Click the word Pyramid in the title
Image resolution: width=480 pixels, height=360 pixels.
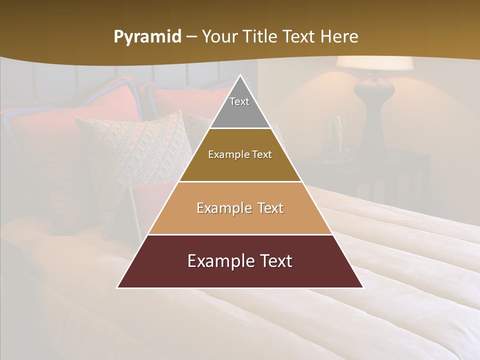click(147, 37)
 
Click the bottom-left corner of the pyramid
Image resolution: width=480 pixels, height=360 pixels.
click(118, 287)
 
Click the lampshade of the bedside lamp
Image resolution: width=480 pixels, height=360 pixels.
click(374, 63)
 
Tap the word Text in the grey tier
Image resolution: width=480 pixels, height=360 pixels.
click(239, 101)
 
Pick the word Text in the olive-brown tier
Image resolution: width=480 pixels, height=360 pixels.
click(261, 154)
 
